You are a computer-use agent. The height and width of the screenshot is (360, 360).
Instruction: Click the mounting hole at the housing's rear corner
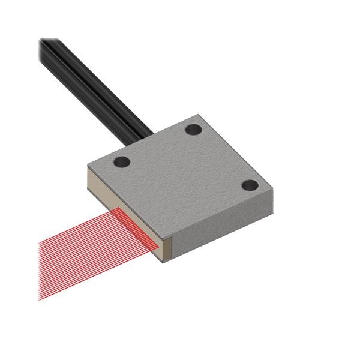tap(193, 129)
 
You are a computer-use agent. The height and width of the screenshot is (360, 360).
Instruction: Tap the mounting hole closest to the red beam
tap(122, 162)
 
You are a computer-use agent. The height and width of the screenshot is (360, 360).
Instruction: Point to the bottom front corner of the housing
tap(165, 262)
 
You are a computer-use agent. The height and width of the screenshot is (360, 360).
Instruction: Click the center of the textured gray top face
tap(180, 174)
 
